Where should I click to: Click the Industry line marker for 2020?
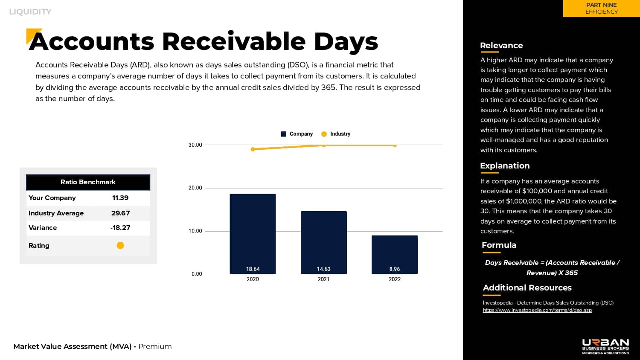pos(253,149)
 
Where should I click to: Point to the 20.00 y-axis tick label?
pos(195,188)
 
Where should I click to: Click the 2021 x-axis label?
pos(323,279)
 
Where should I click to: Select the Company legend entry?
pos(297,134)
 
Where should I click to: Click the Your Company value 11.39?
pos(120,198)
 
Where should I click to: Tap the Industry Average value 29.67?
pos(120,213)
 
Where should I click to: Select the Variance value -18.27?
pos(120,228)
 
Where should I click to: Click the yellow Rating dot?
pos(120,245)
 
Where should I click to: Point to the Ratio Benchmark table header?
pos(88,182)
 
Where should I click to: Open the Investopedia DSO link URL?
pos(537,310)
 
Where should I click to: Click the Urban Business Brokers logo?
pos(605,346)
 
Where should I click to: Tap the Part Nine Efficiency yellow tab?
pos(601,9)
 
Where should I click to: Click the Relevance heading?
pos(501,46)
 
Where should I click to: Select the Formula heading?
pos(499,245)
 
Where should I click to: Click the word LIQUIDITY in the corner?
pos(30,12)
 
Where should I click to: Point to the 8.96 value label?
pos(395,269)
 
